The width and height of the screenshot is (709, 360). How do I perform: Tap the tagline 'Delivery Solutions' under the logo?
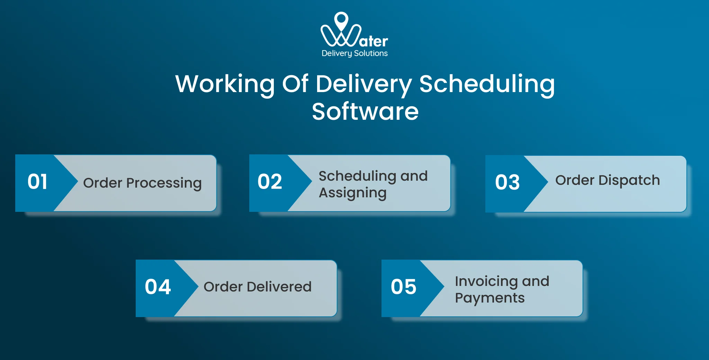[354, 53]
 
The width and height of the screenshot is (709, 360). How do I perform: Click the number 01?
[37, 182]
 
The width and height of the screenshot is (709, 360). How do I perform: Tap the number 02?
[270, 182]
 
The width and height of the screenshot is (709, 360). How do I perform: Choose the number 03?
[507, 182]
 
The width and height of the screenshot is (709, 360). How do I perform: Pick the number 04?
[158, 287]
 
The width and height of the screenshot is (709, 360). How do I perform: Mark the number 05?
[403, 287]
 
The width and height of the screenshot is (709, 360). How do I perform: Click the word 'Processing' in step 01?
[164, 183]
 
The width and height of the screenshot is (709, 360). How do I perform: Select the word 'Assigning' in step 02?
[352, 193]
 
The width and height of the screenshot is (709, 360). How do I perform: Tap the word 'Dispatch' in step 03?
[629, 180]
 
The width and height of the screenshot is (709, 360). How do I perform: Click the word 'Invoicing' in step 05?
[486, 281]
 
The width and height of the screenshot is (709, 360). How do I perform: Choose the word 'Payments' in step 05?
[490, 298]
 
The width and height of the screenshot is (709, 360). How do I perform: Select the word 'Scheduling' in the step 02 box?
[357, 176]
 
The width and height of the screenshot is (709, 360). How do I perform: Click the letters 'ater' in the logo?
[374, 42]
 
